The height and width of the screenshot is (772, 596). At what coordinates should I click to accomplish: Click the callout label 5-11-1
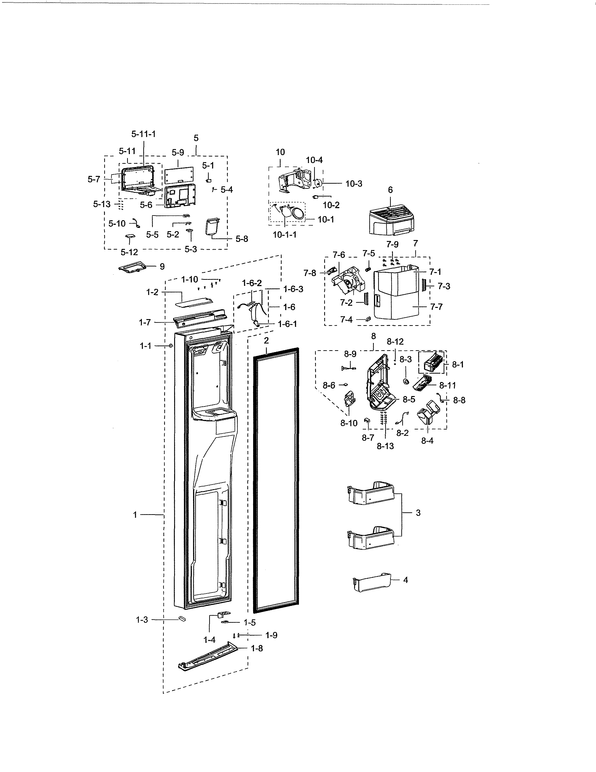pos(143,134)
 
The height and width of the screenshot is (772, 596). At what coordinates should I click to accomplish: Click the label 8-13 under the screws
pos(385,446)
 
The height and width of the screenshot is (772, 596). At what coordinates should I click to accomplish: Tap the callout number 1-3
pos(142,620)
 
